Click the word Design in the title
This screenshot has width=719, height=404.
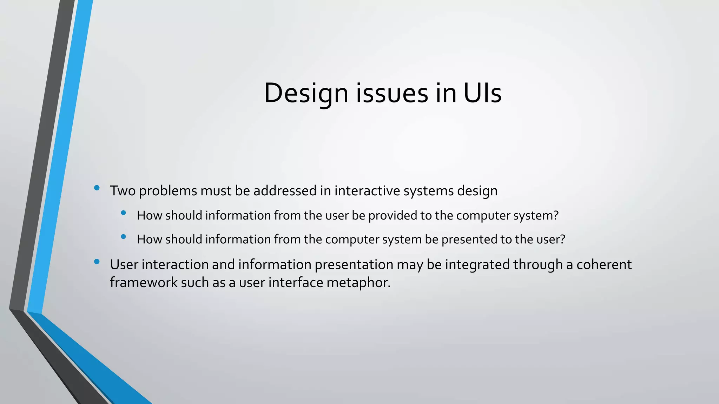click(x=306, y=93)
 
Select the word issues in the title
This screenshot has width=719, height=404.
click(x=393, y=93)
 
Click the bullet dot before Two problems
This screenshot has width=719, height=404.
click(x=97, y=188)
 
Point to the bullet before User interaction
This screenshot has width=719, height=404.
click(x=97, y=262)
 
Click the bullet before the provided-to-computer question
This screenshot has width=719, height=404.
click(x=123, y=213)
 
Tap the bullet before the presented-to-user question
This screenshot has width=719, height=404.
click(x=123, y=237)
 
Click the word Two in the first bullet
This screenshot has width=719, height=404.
click(x=123, y=191)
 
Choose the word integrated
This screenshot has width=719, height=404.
click(x=477, y=264)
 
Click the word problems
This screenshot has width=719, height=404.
click(x=168, y=191)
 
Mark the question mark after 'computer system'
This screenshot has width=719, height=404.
click(x=555, y=215)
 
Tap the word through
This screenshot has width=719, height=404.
click(x=538, y=264)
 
